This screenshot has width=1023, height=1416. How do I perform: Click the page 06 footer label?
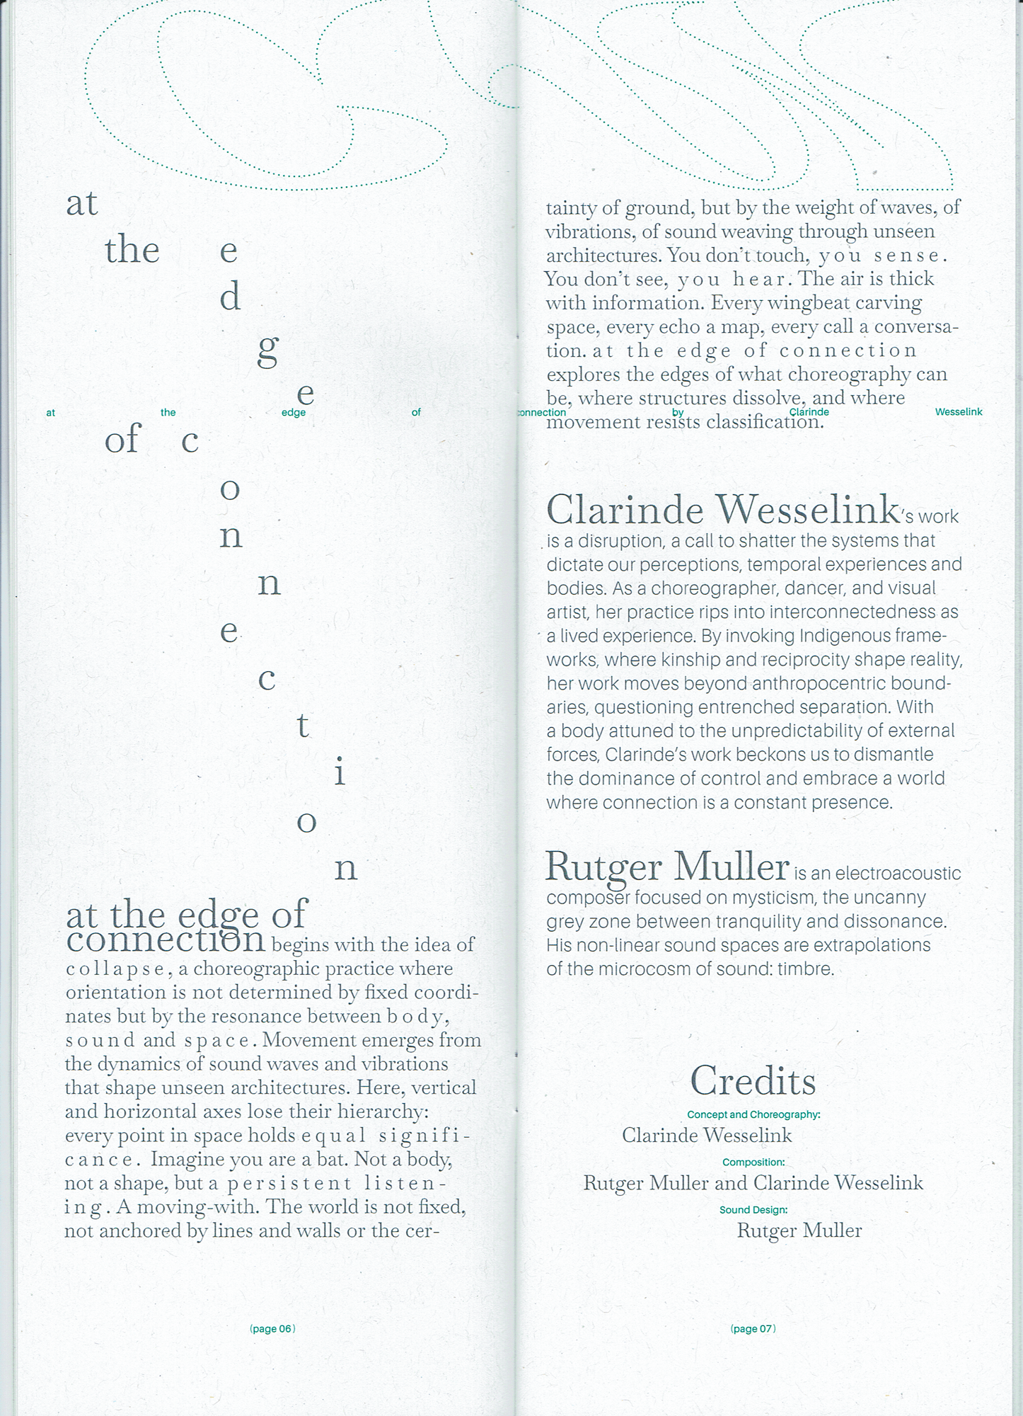point(272,1329)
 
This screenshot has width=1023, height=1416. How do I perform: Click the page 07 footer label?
point(753,1329)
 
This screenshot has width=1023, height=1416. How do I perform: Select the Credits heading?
point(753,1081)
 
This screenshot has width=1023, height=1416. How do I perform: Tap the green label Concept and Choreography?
point(753,1114)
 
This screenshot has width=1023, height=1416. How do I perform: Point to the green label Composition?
point(753,1162)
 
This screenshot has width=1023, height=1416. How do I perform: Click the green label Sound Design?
point(753,1210)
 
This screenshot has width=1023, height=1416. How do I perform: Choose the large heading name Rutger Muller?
point(667,867)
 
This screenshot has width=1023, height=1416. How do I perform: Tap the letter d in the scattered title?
point(230,297)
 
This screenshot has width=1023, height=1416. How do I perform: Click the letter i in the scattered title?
point(340,772)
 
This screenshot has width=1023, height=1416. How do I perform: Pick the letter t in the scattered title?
point(303,725)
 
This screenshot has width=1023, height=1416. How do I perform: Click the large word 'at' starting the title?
point(81,204)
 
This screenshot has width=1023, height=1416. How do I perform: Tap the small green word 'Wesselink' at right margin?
point(958,412)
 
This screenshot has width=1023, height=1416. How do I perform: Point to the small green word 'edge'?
point(294,413)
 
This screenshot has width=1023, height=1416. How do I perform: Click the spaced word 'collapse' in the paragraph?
point(115,969)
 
